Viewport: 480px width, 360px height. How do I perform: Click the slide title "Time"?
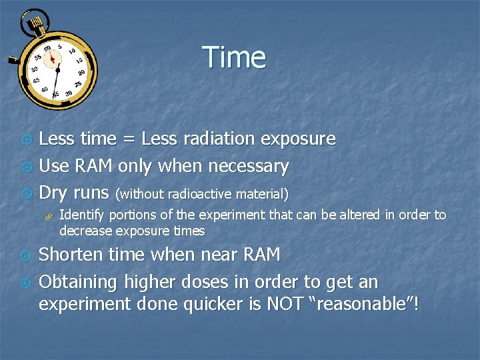234,57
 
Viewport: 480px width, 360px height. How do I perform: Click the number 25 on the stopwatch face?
77,84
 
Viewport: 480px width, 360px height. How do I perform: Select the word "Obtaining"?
79,283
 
